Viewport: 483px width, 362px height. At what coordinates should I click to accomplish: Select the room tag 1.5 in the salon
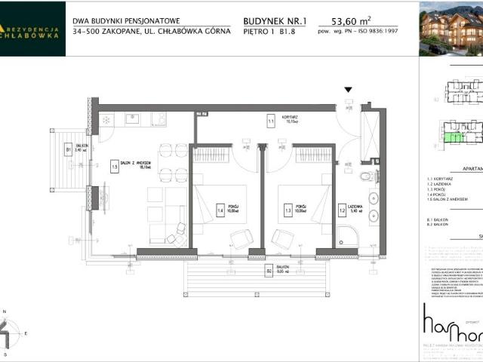pos(115,168)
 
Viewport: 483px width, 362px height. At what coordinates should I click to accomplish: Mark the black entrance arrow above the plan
pos(348,90)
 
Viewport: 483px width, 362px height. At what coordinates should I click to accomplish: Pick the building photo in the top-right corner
pos(451,29)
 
